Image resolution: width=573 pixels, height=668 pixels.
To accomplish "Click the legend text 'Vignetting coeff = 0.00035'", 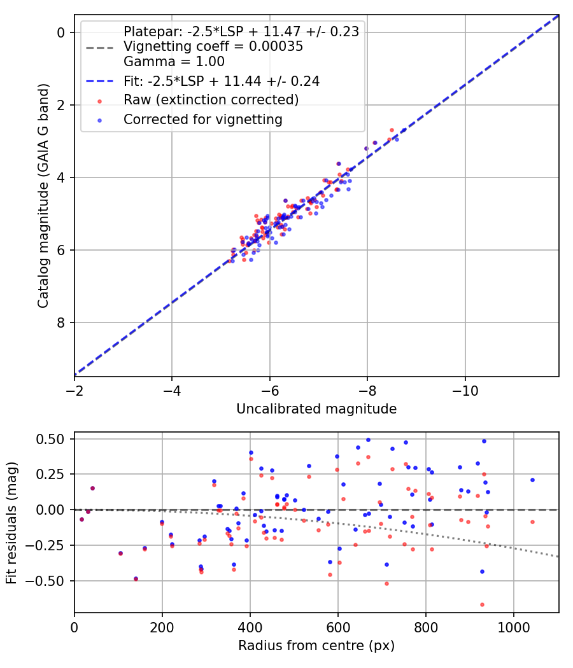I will click(x=213, y=47).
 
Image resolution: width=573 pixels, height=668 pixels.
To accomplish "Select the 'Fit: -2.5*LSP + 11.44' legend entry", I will click(x=221, y=81).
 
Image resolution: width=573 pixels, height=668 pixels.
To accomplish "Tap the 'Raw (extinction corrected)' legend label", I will click(x=211, y=101).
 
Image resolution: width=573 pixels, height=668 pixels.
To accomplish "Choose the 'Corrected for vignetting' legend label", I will click(x=202, y=119).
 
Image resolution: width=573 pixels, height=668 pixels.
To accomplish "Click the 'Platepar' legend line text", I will click(x=241, y=32).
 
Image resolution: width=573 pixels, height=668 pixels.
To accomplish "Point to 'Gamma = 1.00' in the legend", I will click(x=174, y=62).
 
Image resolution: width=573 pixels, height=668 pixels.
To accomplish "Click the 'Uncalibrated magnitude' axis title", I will click(x=316, y=409).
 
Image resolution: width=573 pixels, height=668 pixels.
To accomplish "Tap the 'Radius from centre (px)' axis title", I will click(x=316, y=646).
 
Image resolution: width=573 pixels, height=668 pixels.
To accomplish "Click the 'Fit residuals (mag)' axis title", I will click(x=11, y=523).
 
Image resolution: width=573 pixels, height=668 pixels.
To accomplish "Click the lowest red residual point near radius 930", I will click(x=482, y=604).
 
